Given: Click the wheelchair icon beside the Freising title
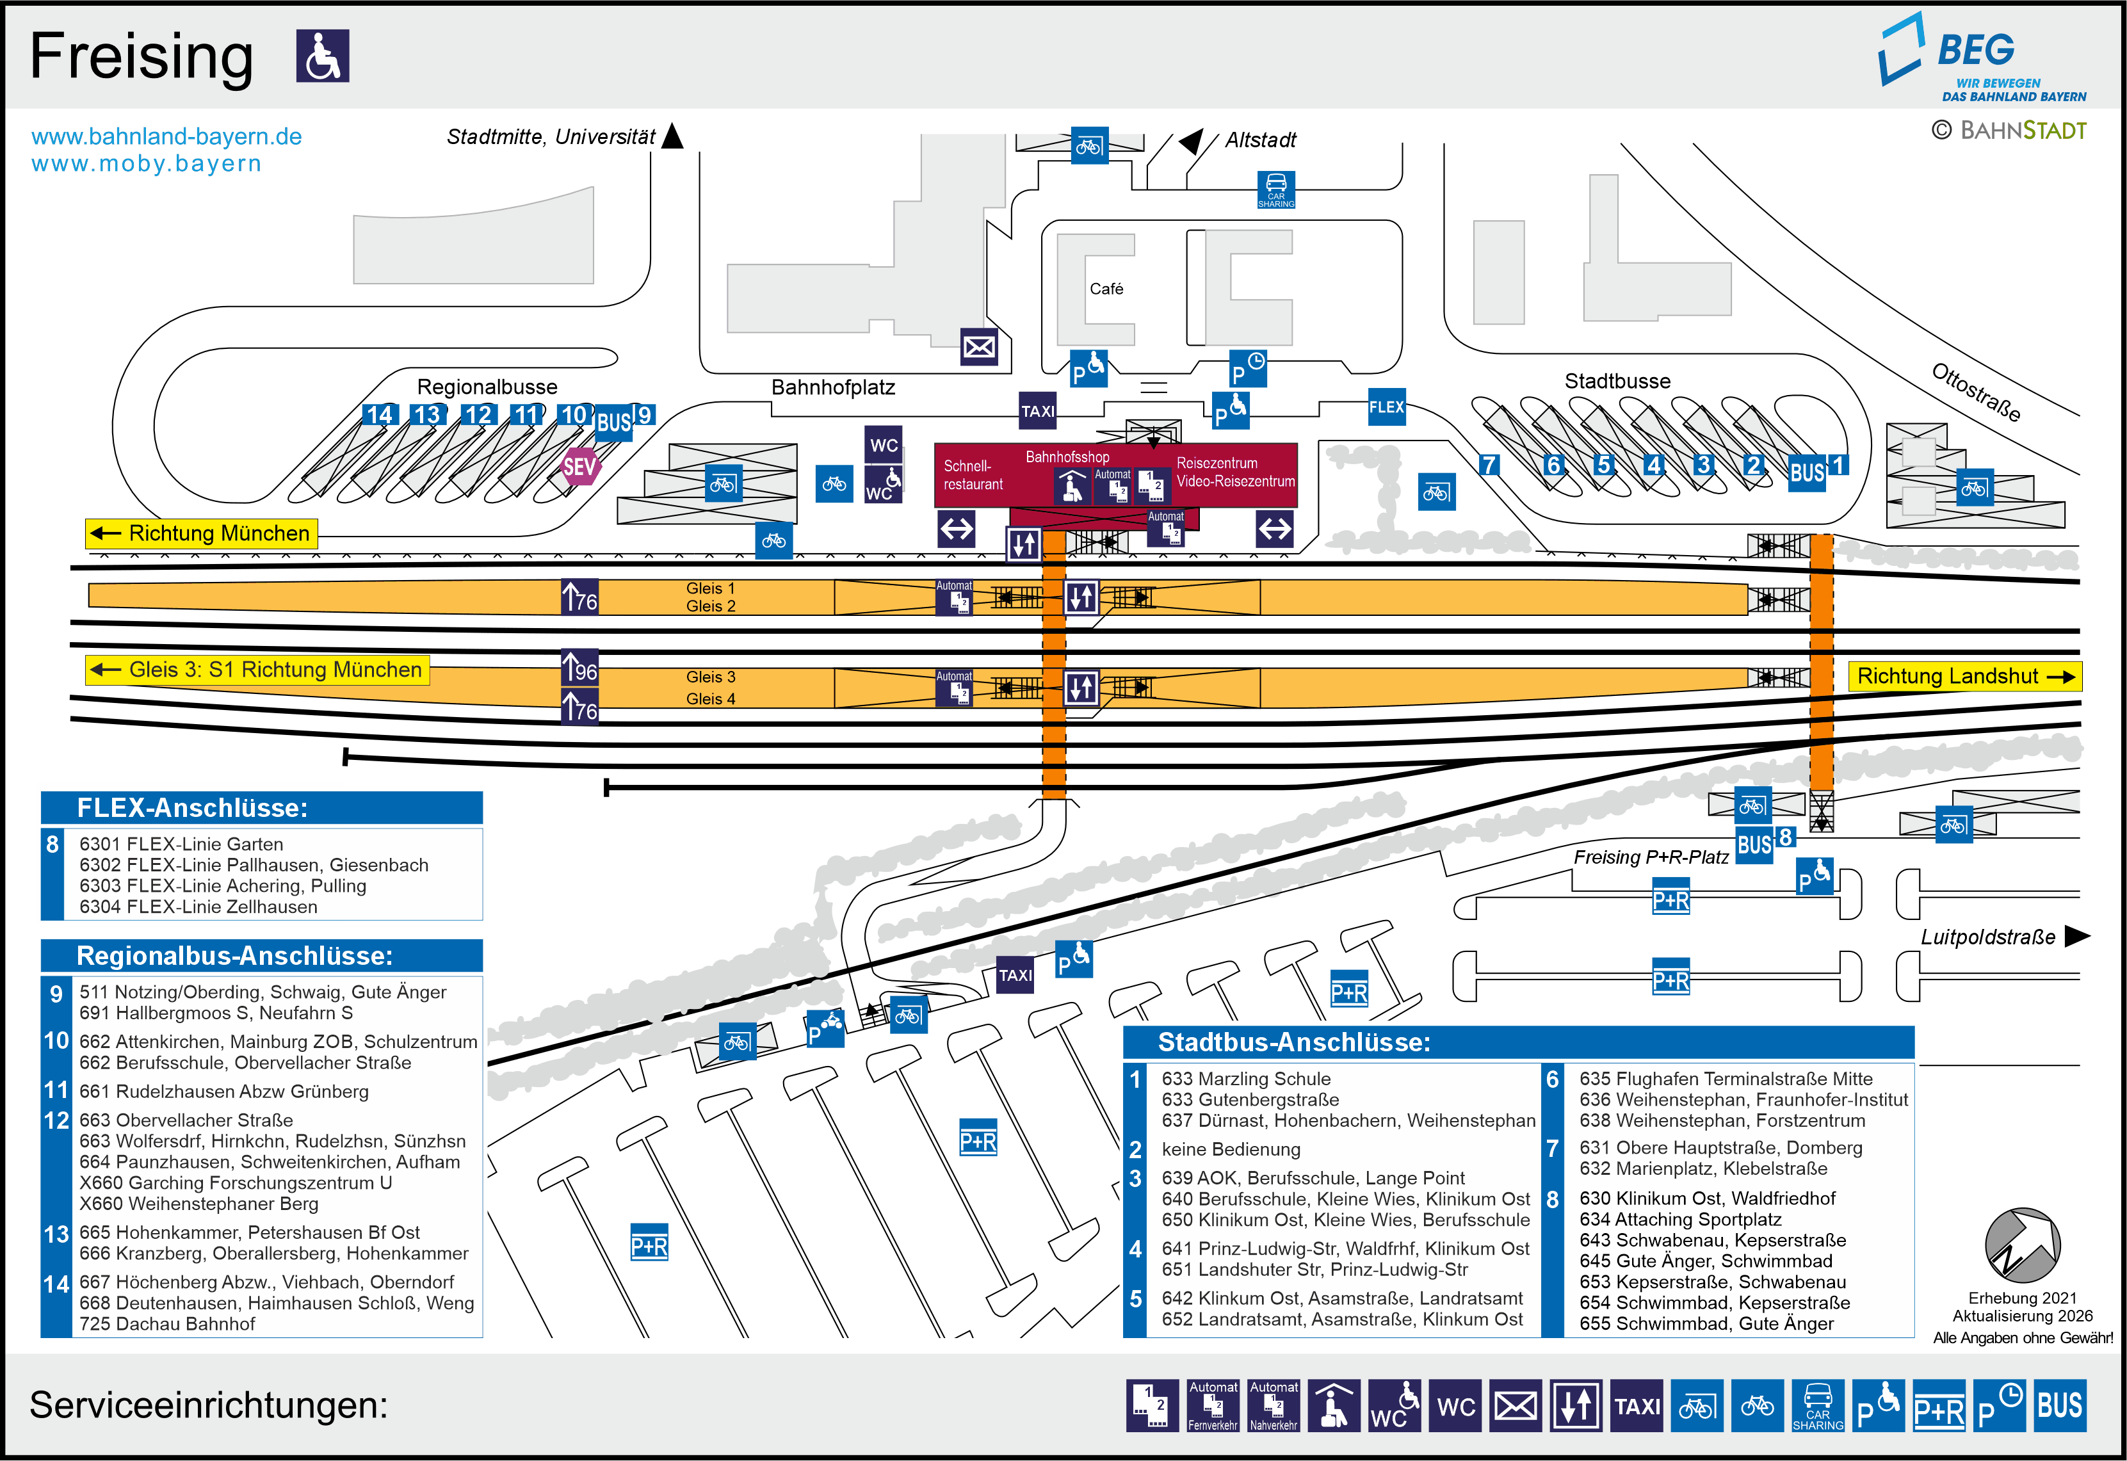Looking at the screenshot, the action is (322, 56).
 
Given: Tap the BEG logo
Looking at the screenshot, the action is (1982, 58).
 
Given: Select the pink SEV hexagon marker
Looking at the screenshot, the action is (579, 467).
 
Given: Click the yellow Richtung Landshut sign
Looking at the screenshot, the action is (1964, 677).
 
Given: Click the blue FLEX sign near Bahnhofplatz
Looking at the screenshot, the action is (1386, 407).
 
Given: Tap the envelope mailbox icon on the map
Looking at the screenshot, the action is (978, 347).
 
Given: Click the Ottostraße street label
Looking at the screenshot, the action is (1975, 392).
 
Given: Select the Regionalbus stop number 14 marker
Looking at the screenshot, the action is (379, 416).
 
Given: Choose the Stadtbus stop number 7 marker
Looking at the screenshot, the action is (1489, 465).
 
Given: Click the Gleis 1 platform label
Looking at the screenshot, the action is (710, 588).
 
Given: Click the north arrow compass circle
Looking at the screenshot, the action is (2022, 1245).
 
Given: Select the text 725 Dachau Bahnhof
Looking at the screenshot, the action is (168, 1324).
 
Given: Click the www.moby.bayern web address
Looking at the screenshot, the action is (147, 164).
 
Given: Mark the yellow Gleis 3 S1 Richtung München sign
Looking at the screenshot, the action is (257, 670).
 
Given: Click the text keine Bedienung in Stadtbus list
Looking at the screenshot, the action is (1231, 1150).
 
